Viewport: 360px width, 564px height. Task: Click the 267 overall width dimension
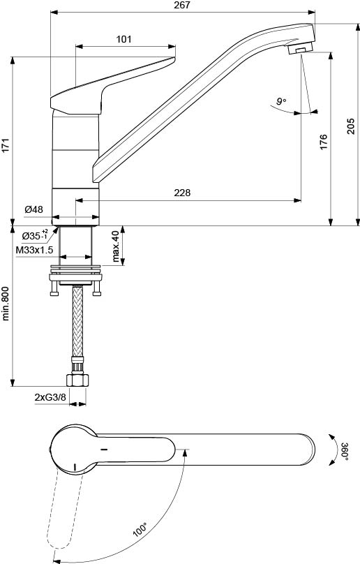[x=181, y=5]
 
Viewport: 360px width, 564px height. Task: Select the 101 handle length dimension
[x=123, y=39]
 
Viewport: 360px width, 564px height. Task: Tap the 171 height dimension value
[x=6, y=144]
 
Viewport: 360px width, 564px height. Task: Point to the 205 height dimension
[x=351, y=126]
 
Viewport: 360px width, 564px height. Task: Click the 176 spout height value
[x=324, y=142]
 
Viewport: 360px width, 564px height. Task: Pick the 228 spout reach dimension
[x=182, y=193]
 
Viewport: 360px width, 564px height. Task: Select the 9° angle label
[x=281, y=101]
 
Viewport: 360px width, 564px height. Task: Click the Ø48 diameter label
[x=33, y=209]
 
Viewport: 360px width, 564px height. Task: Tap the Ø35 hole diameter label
[x=35, y=236]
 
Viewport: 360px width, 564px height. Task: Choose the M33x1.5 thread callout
[x=34, y=250]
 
